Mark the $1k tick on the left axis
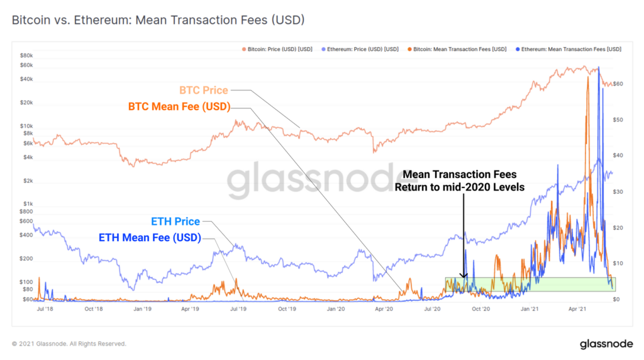tap(27, 204)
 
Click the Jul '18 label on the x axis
tap(45, 310)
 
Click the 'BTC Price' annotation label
tap(203, 91)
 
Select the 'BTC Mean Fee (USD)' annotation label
tap(179, 107)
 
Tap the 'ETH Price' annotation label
tap(175, 222)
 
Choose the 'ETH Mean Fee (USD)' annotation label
tap(150, 238)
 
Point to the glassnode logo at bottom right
tap(606, 344)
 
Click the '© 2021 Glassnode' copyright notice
tap(69, 344)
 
